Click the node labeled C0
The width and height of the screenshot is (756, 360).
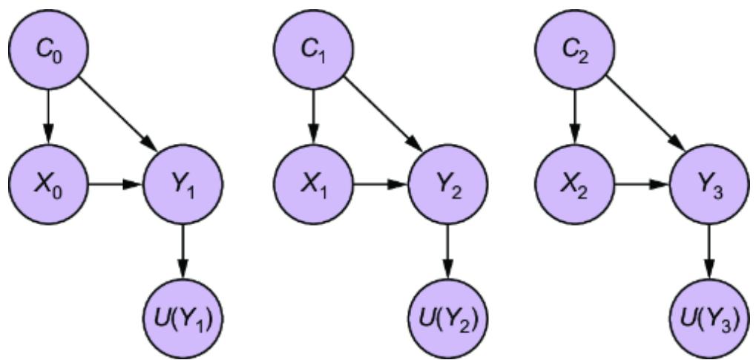49,50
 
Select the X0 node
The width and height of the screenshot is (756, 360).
49,182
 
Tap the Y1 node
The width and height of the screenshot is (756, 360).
182,182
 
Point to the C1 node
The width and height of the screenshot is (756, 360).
315,50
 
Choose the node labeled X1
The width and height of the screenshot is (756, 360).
315,182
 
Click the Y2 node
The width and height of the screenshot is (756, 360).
447,182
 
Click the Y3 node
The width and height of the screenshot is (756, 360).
709,182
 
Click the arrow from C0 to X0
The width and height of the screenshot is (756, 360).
49,116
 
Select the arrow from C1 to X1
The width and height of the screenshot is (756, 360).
315,116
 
